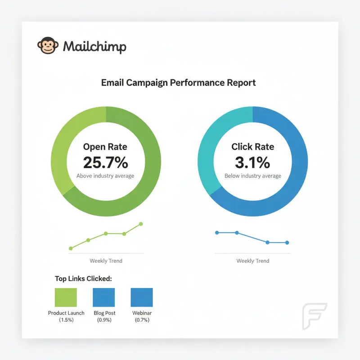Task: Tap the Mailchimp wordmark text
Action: (95, 46)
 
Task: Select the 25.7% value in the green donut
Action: (105, 162)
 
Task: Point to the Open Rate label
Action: (105, 147)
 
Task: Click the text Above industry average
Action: (105, 176)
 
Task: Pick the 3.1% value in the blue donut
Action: (252, 162)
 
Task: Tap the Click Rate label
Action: (252, 147)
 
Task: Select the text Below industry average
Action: (252, 176)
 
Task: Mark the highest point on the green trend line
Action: (141, 224)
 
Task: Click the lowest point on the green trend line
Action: (71, 248)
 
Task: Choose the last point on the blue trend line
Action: (287, 243)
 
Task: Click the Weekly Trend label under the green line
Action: (106, 261)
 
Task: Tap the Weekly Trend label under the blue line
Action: (252, 261)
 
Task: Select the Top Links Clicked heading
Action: (83, 279)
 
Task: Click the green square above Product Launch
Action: (66, 297)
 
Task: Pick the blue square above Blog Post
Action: (104, 297)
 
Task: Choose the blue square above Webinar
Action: (142, 297)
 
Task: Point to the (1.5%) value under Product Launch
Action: (66, 320)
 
